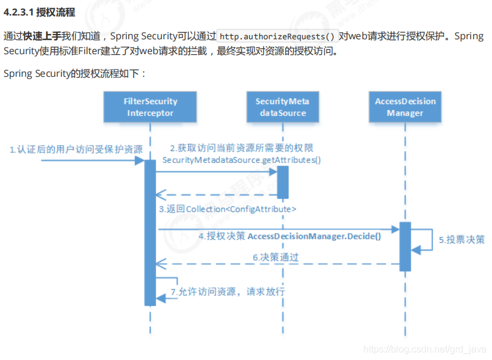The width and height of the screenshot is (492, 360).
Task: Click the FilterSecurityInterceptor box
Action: click(x=150, y=107)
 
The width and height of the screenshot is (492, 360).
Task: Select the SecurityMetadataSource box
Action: click(x=282, y=107)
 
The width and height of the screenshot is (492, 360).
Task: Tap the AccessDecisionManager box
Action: click(x=405, y=107)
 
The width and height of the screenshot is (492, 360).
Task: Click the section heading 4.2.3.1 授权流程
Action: click(x=39, y=12)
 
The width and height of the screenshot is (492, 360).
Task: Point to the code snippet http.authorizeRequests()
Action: click(x=278, y=36)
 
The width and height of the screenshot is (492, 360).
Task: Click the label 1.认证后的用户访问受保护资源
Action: click(x=76, y=149)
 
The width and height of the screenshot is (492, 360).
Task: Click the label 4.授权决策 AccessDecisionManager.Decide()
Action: click(x=290, y=236)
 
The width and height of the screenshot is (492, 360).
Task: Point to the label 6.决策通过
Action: click(x=275, y=257)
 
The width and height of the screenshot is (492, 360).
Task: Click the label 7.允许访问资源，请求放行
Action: click(x=228, y=292)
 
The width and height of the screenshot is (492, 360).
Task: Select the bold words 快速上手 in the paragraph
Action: click(x=42, y=36)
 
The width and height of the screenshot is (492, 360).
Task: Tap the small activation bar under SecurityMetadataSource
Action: click(x=282, y=182)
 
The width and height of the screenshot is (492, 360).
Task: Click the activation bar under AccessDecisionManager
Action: click(x=405, y=246)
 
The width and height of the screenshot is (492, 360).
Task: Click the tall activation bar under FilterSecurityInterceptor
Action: click(x=150, y=232)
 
